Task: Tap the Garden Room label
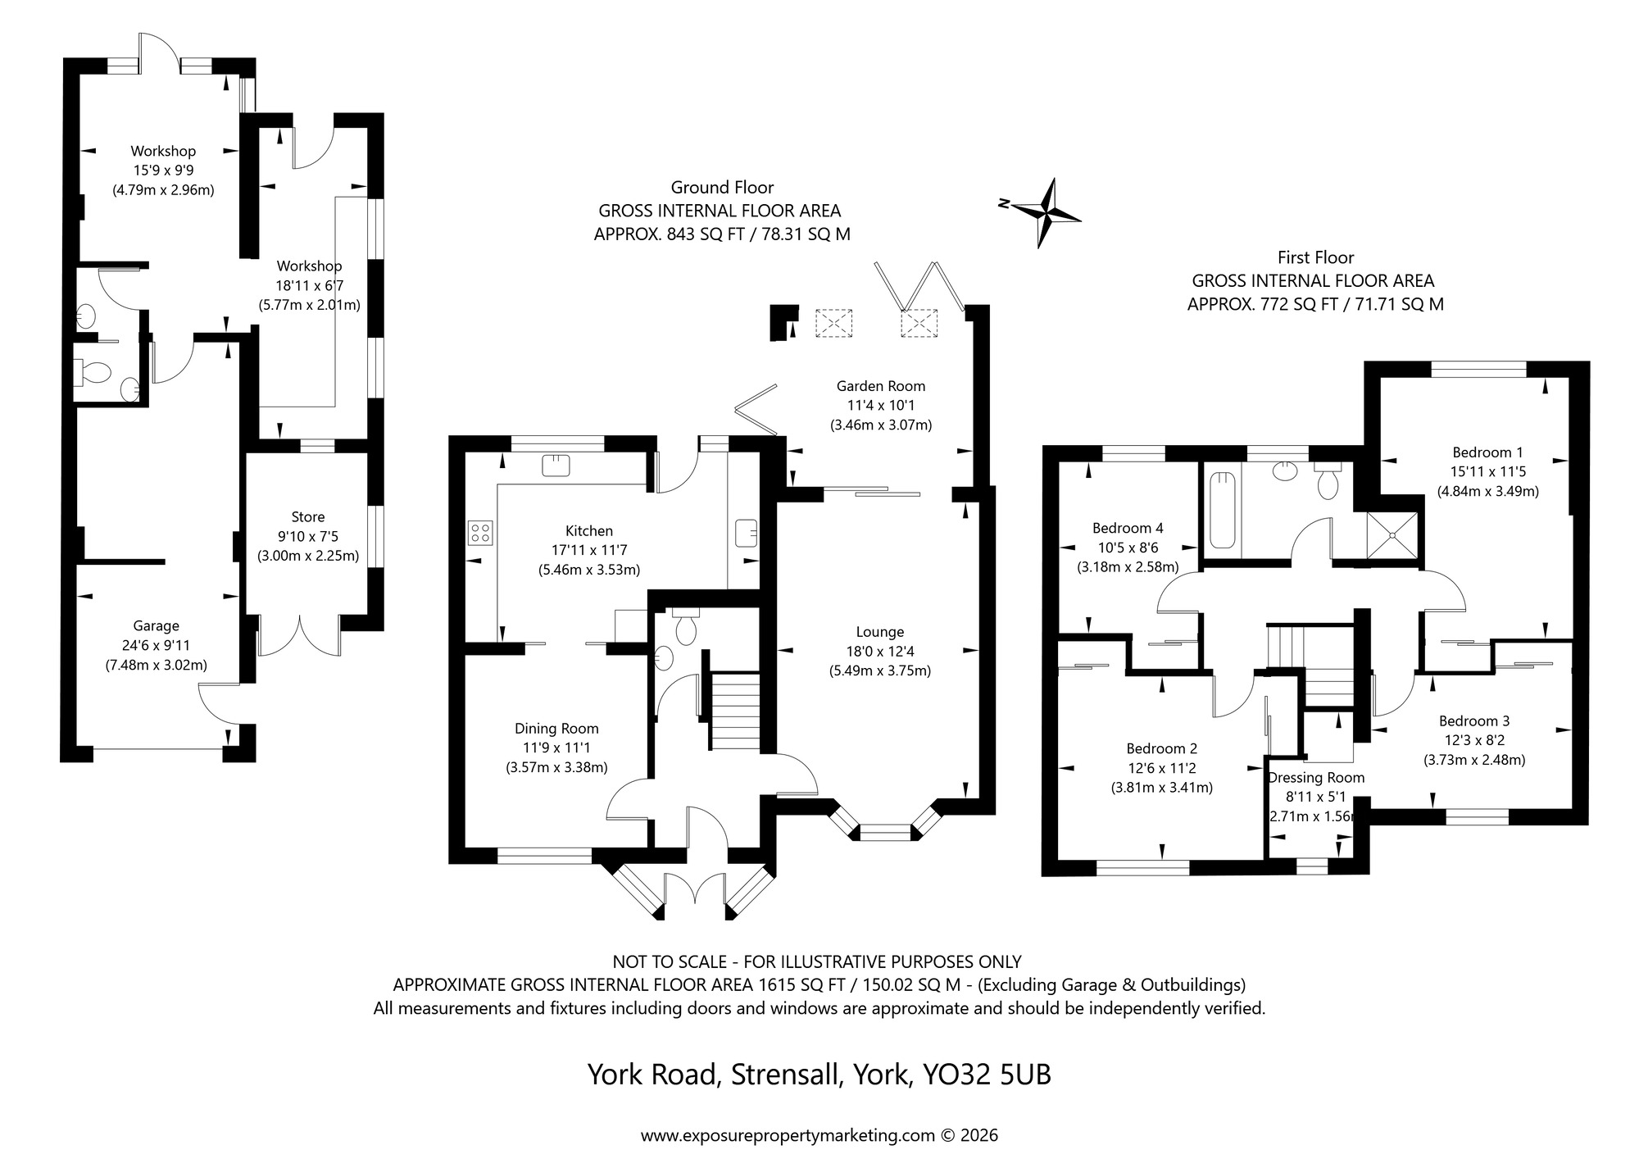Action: tap(880, 386)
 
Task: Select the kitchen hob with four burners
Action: tap(480, 533)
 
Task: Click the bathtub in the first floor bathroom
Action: tap(1221, 508)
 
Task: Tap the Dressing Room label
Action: tap(1315, 778)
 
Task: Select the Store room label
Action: tap(308, 517)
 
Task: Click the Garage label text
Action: tap(156, 626)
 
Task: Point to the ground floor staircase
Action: tap(734, 711)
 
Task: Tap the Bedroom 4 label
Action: tap(1127, 528)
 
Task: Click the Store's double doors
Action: tap(300, 636)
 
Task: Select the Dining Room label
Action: tap(556, 729)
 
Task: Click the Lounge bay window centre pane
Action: tap(885, 834)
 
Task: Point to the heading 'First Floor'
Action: tap(1315, 257)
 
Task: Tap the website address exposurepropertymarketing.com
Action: tap(787, 1136)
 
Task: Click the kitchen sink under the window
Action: tap(556, 466)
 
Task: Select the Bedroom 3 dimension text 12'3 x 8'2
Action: tap(1473, 741)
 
